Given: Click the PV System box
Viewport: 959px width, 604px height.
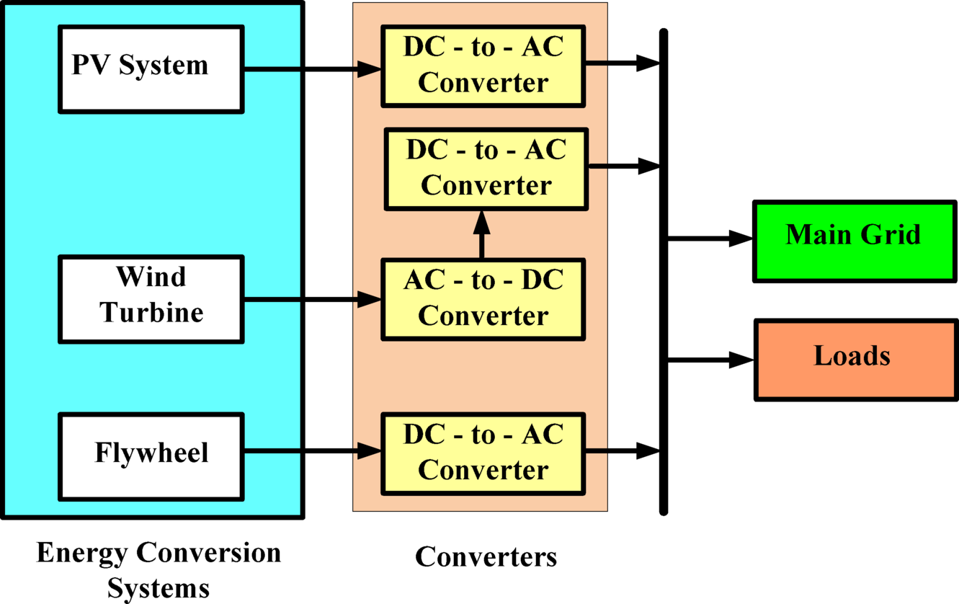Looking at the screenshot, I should pos(151,69).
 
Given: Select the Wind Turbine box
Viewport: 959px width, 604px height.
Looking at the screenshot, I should pos(151,298).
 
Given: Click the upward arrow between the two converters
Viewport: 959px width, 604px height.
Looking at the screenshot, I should pos(481,235).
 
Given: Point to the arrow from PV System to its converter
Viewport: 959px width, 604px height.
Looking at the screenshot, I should pos(310,69).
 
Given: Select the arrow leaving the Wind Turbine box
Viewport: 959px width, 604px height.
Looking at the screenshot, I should pos(310,298).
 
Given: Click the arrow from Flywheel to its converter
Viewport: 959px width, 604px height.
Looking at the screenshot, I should pos(310,452).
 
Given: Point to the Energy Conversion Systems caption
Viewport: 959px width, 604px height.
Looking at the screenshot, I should pos(159,570).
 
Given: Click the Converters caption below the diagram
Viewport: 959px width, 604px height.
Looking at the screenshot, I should pos(486,557).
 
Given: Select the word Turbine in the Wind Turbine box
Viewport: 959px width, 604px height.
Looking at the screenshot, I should pos(152,313).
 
